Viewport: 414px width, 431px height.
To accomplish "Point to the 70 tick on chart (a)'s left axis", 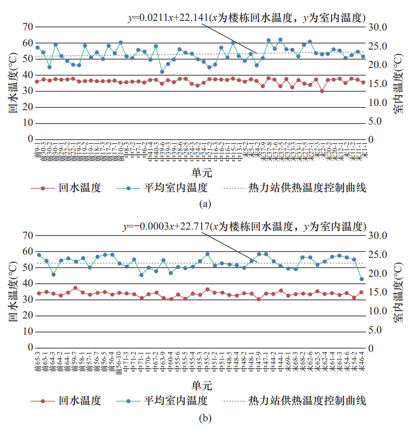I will pyautogui.click(x=27, y=27).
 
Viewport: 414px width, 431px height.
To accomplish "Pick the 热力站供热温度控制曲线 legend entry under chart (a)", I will pyautogui.click(x=307, y=188).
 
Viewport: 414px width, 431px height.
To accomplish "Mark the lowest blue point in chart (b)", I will pyautogui.click(x=362, y=279).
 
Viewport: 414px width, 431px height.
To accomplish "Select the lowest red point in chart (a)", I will pyautogui.click(x=322, y=91).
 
